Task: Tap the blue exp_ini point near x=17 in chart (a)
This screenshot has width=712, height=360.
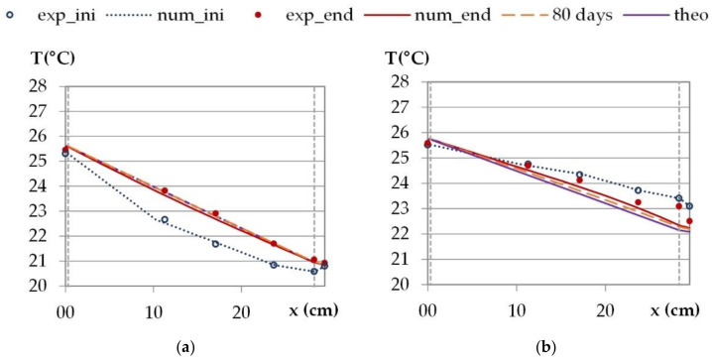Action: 215,243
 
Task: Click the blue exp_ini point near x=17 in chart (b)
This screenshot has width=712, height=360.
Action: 579,175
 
